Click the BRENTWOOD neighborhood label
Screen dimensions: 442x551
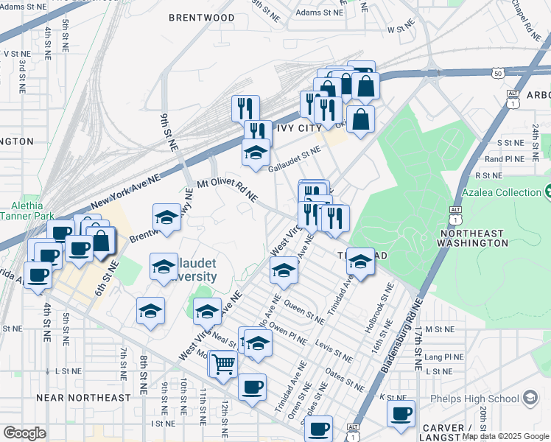coord(201,17)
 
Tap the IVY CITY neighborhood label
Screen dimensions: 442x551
coord(298,128)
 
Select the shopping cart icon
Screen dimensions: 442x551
coord(222,363)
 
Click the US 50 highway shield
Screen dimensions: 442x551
coord(499,72)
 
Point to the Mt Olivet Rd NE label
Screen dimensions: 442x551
coord(226,191)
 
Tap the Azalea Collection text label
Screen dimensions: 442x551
coord(501,193)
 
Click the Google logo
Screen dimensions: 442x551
coord(24,433)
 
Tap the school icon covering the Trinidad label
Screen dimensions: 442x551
coord(360,261)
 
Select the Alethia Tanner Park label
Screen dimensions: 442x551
coord(27,211)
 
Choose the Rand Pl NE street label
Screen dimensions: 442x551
coord(504,158)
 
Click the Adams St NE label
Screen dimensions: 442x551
coord(318,13)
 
